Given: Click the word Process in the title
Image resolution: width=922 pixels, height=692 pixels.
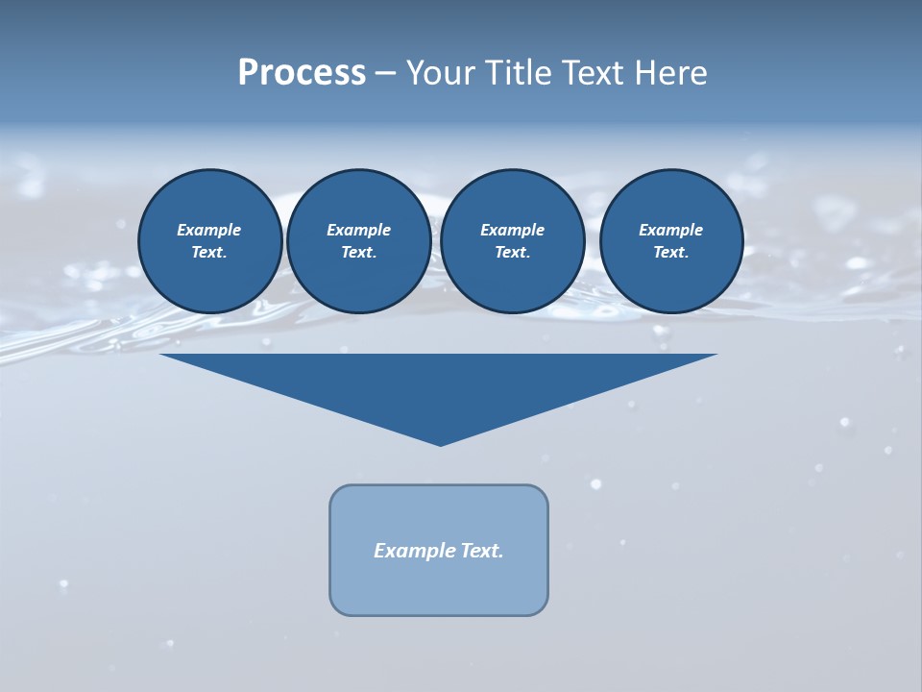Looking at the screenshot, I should pyautogui.click(x=302, y=73).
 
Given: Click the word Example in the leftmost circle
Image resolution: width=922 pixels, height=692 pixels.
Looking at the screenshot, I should pyautogui.click(x=209, y=230).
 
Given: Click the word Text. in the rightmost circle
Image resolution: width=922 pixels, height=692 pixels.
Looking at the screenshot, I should pyautogui.click(x=670, y=253).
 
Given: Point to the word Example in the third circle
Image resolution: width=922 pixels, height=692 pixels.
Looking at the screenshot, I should pyautogui.click(x=512, y=230).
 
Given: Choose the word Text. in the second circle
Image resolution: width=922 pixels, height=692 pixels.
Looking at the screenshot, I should pyautogui.click(x=358, y=253).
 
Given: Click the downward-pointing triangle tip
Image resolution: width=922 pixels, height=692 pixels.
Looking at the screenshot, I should pyautogui.click(x=440, y=443).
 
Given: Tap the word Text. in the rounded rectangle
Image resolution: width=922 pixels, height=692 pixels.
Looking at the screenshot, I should pyautogui.click(x=482, y=551).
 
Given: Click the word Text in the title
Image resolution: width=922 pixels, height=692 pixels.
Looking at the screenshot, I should pyautogui.click(x=590, y=73).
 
